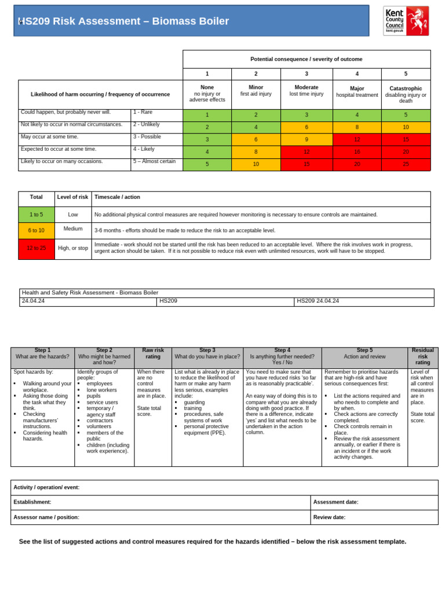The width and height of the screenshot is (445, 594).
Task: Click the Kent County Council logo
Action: point(406,21)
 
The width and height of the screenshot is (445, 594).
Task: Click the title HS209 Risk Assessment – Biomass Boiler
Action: point(125,21)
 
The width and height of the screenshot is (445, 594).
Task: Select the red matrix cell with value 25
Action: point(406,164)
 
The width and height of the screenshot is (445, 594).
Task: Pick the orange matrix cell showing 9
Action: point(307,139)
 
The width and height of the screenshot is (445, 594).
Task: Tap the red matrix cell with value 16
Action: point(357,151)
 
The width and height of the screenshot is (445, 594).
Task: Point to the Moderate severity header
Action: point(307,90)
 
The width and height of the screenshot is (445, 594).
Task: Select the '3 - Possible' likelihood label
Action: point(148,137)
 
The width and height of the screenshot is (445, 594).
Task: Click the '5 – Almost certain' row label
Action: point(155,161)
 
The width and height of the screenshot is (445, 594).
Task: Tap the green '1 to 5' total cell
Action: point(37,215)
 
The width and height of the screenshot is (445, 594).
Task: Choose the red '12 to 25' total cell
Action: point(37,248)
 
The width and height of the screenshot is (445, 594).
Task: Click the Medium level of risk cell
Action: point(73,229)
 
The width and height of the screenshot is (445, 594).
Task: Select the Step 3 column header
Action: point(207,353)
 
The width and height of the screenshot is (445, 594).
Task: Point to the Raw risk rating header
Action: point(153,353)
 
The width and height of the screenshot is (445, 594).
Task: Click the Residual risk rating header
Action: point(422,357)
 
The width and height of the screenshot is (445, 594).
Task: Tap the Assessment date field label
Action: point(335,502)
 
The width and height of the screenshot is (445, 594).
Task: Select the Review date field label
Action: point(329,517)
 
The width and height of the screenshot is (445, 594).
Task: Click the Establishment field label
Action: point(32,502)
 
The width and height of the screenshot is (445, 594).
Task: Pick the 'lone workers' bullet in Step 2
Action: point(101,390)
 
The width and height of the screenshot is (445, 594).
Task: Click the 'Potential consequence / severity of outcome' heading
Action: point(307,59)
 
